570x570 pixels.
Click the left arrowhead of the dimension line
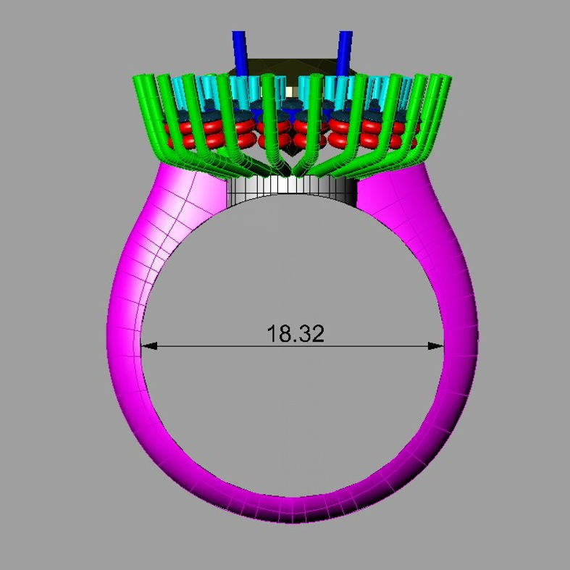(x=147, y=346)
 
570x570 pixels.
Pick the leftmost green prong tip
(x=143, y=79)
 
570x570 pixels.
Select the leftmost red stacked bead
(x=174, y=133)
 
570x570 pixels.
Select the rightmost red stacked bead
(x=411, y=133)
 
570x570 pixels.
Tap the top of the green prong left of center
(x=269, y=80)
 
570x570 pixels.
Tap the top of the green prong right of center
(x=314, y=80)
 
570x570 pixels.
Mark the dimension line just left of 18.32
(x=217, y=346)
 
